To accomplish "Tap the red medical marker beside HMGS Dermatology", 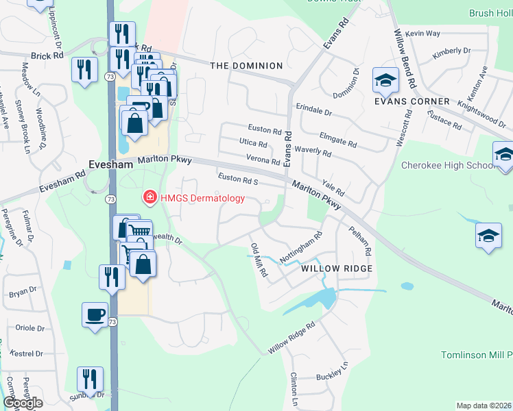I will pos(149,198).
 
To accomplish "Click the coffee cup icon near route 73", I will pos(95,315).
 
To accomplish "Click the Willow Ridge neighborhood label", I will pos(337,269).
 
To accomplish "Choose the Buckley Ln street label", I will pos(333,376).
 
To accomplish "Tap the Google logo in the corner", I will pos(23,403).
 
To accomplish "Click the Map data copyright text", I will pos(484,406).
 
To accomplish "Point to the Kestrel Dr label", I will pos(29,354).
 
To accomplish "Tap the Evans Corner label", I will pos(411,101).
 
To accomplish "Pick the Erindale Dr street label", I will pos(314,110).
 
